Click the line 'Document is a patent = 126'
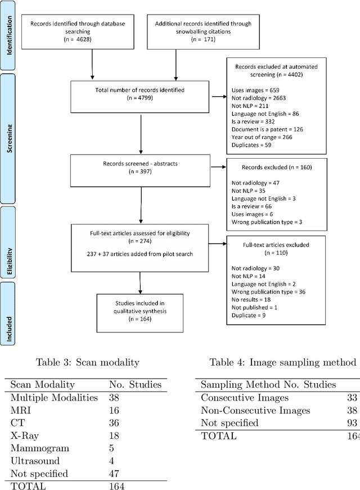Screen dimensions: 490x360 267,128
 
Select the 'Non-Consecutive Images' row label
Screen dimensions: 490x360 255,410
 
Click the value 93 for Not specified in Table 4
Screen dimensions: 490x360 354,422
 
